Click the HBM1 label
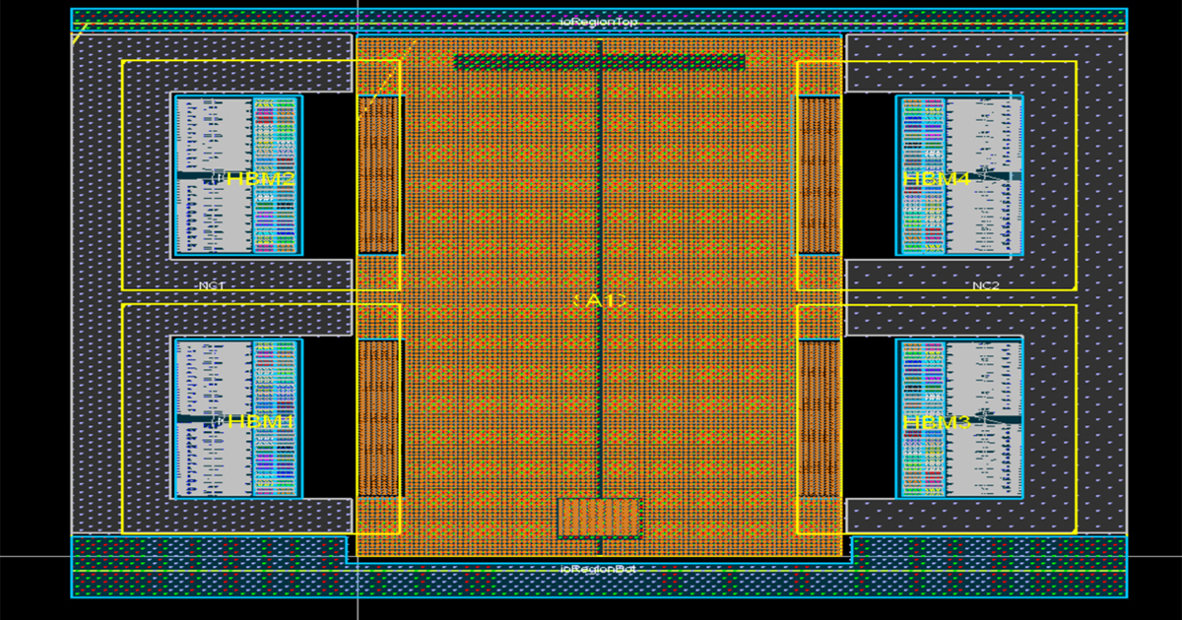tap(261, 422)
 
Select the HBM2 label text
tap(261, 179)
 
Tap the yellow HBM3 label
tap(937, 422)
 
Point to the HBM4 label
tap(937, 179)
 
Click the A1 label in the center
tap(599, 300)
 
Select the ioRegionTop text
tap(599, 21)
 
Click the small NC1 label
tap(212, 285)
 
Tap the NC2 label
tap(985, 285)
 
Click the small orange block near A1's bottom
tap(599, 518)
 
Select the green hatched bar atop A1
tap(599, 62)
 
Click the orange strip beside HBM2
tap(378, 174)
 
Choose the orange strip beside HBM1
tap(378, 417)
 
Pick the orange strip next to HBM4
tap(819, 174)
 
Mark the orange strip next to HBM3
tap(819, 417)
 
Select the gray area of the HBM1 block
tap(212, 463)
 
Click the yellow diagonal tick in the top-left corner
tap(77, 35)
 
